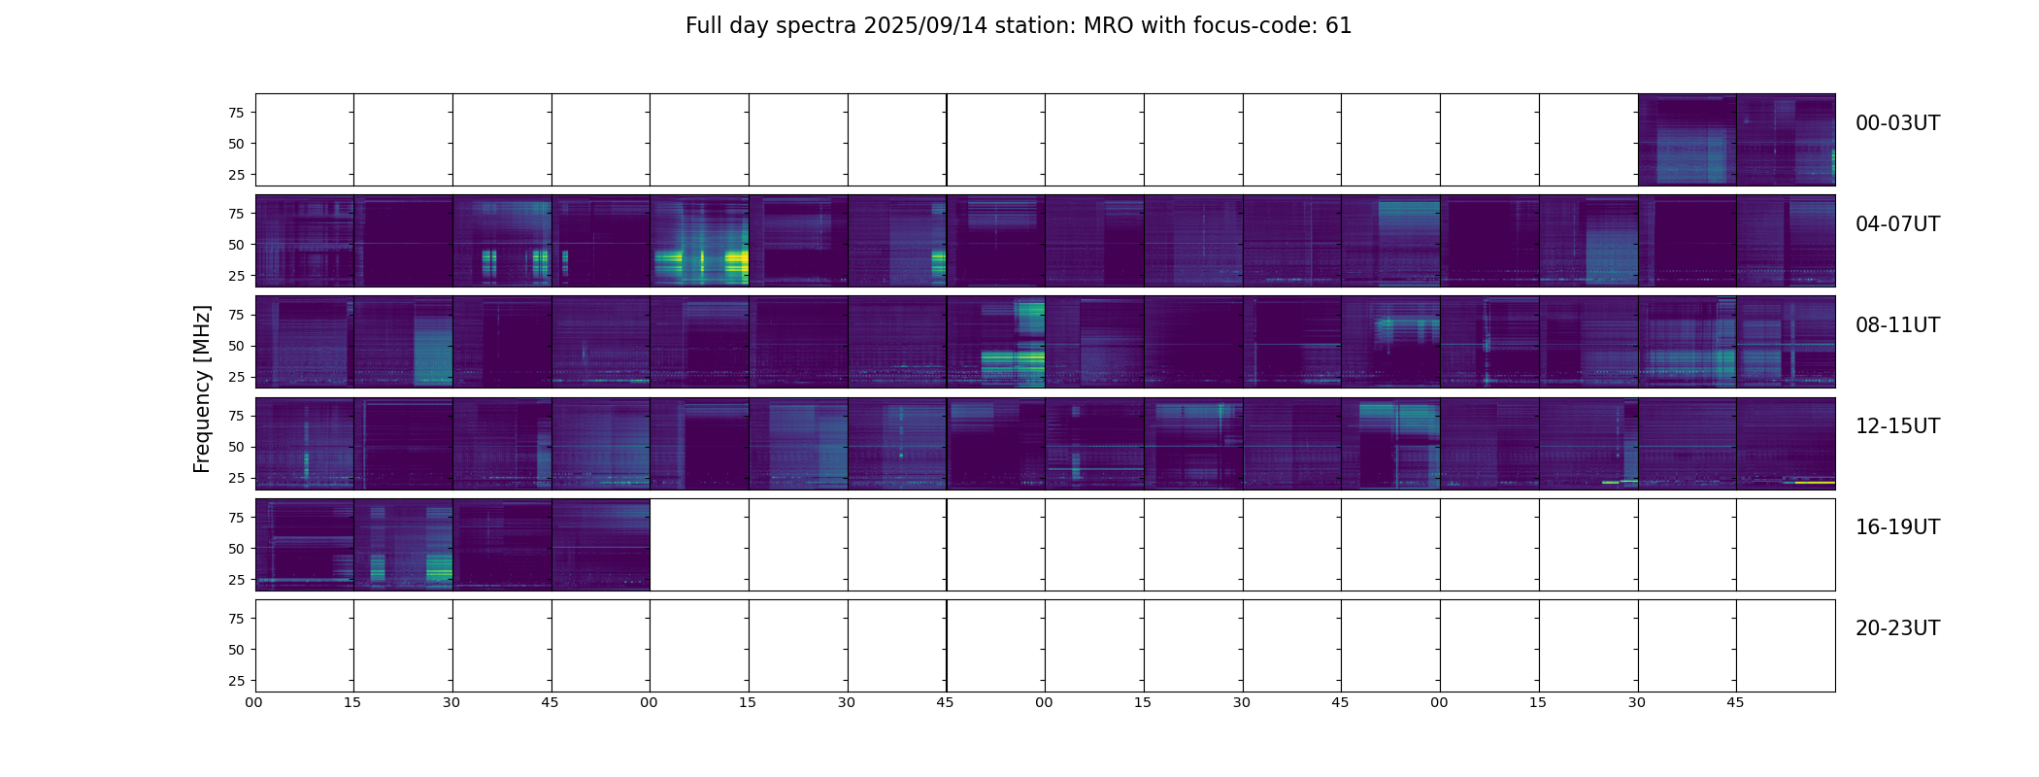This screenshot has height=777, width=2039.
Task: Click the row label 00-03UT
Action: [1897, 123]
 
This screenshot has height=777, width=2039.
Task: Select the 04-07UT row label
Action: [1897, 224]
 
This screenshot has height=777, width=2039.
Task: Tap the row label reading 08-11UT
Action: [1897, 325]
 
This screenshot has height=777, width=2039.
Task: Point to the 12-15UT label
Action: [1897, 426]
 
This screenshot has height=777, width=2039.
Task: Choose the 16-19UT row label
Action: [1897, 527]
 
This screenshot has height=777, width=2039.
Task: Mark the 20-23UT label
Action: [1897, 628]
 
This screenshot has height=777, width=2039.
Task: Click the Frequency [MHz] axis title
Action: [202, 388]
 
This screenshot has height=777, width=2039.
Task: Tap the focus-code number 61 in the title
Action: [1338, 26]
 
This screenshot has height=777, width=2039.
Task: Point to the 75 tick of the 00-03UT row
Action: [236, 113]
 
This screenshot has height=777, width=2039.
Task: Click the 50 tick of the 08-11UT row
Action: [236, 346]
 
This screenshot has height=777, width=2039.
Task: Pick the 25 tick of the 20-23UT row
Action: [236, 681]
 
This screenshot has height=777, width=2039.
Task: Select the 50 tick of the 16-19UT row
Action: [236, 549]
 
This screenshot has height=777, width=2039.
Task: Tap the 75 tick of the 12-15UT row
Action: [236, 416]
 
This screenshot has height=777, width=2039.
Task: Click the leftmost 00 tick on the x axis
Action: [254, 702]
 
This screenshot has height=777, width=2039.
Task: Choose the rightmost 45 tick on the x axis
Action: [1735, 702]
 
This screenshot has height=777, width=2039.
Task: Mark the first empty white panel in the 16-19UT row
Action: [699, 545]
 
